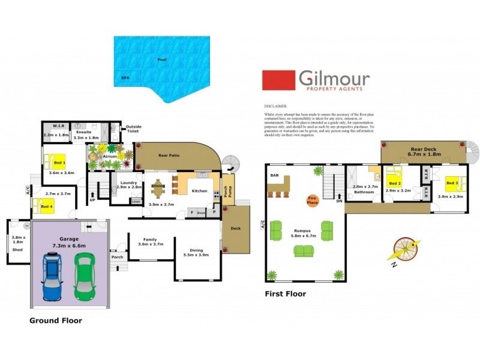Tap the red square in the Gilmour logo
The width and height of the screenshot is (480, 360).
click(x=278, y=80)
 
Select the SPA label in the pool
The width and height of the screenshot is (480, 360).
click(x=125, y=78)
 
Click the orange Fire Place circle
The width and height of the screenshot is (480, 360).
click(x=312, y=200)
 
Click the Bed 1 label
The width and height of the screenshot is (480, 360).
click(x=59, y=163)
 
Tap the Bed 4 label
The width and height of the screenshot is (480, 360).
click(x=46, y=207)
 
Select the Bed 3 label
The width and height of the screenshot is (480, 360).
click(x=452, y=182)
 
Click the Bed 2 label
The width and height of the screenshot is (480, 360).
click(x=394, y=183)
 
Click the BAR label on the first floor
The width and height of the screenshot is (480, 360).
click(x=275, y=176)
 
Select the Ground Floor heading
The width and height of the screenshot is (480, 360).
click(x=56, y=321)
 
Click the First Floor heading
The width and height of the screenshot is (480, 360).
click(x=286, y=294)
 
